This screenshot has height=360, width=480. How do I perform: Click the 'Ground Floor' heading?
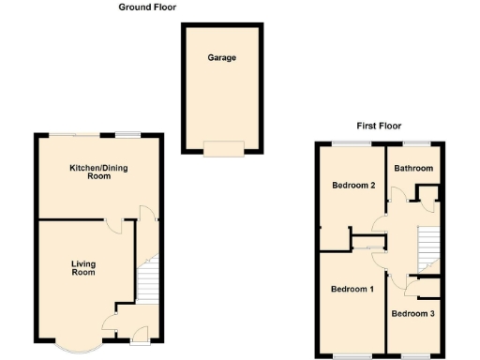(x=147, y=7)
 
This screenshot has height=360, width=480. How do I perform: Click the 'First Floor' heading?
(x=378, y=125)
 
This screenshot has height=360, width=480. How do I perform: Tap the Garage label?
(x=222, y=58)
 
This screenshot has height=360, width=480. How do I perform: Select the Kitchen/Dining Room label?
(x=97, y=172)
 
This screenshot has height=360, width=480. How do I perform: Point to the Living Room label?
(x=84, y=268)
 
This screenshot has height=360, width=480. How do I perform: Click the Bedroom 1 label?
(x=352, y=289)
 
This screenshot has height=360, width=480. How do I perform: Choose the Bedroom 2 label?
(x=353, y=185)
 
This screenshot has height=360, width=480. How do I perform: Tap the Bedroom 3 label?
(x=412, y=313)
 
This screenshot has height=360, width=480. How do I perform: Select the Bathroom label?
(x=413, y=169)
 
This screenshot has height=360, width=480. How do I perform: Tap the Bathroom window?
(x=413, y=142)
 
